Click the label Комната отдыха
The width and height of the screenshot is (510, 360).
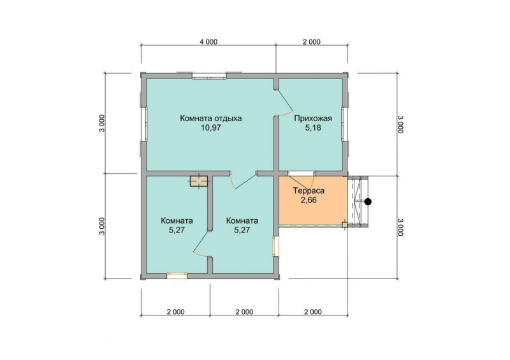211,118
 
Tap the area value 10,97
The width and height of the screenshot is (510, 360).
211,127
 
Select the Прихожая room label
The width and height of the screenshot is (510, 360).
313,118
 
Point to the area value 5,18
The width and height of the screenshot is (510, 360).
313,127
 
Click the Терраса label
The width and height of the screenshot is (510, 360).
309,191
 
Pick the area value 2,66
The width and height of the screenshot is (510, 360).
309,200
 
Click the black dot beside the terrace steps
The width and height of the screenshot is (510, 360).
368,201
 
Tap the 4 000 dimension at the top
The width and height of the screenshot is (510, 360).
208,41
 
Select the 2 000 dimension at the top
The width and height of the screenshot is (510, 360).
311,41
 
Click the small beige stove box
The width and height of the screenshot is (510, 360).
199,181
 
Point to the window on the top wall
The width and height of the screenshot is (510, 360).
209,76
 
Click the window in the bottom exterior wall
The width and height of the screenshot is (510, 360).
177,276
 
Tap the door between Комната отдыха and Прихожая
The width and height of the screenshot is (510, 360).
282,103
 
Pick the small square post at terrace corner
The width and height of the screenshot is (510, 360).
344,225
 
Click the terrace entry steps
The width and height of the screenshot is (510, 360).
358,201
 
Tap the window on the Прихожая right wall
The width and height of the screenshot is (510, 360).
344,124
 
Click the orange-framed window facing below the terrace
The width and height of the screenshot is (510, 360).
275,247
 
